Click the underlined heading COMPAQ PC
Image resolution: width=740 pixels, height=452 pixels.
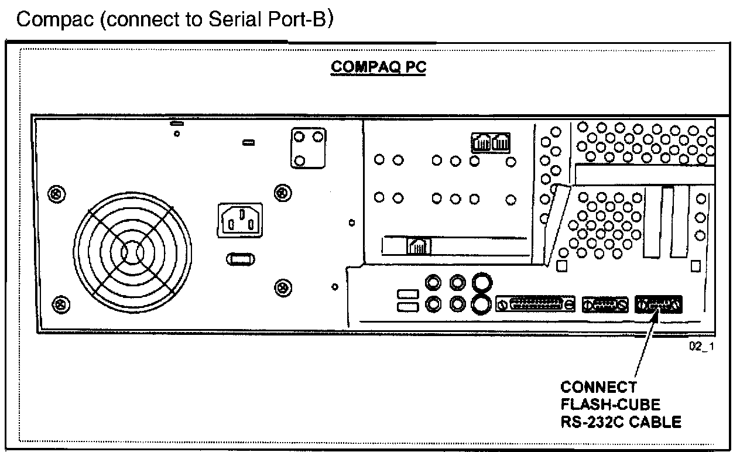pos(378,67)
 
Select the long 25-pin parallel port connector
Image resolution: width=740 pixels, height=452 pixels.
pos(536,304)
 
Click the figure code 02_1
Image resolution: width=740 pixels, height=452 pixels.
pos(702,347)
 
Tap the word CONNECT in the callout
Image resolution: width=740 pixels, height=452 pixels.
pos(598,387)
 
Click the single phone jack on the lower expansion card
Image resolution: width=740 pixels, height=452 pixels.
pos(419,246)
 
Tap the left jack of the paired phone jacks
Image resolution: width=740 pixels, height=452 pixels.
pos(481,142)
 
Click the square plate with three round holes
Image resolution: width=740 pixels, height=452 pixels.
pos(308,148)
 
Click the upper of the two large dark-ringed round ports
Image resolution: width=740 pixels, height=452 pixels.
pos(481,283)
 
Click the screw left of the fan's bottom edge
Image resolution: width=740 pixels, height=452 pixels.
pos(58,302)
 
